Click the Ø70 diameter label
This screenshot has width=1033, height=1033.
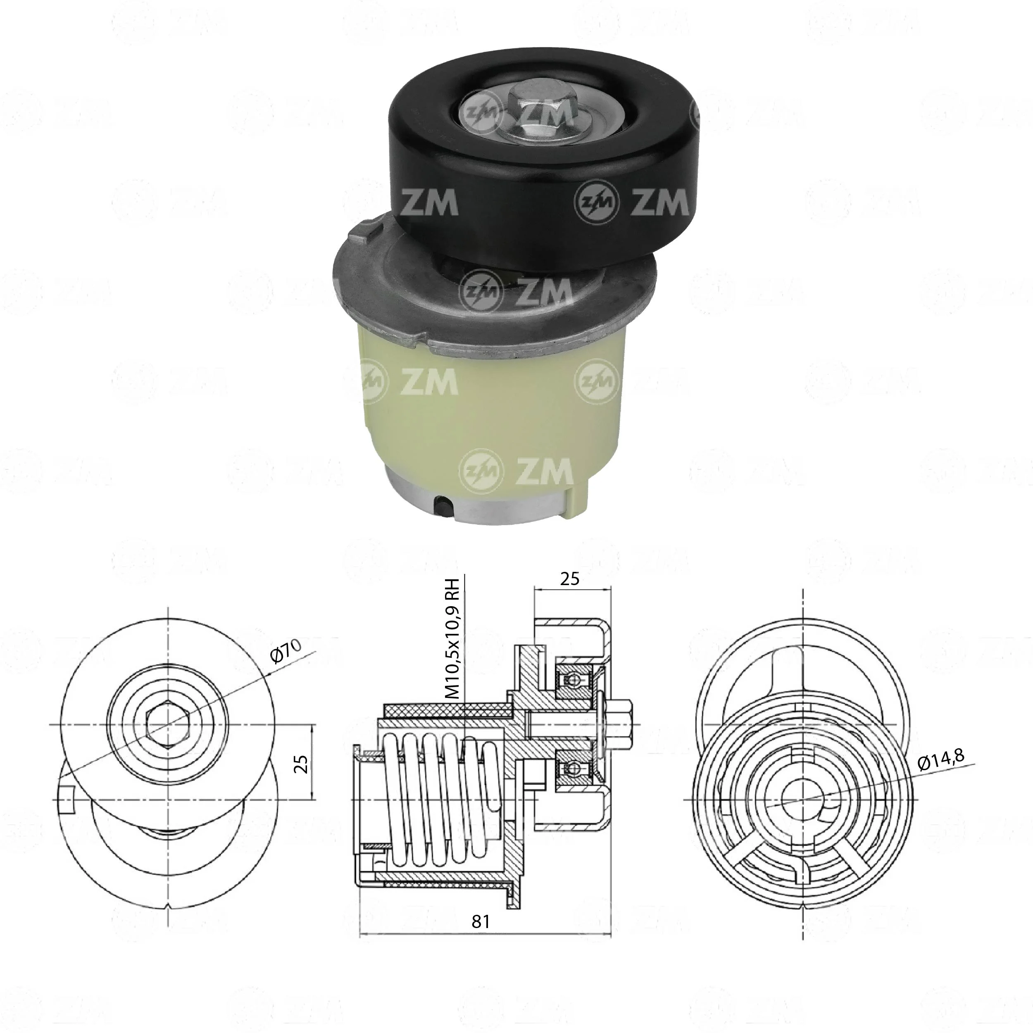pyautogui.click(x=286, y=651)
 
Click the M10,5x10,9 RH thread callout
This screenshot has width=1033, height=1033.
pyautogui.click(x=453, y=637)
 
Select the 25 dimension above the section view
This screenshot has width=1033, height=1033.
pyautogui.click(x=570, y=578)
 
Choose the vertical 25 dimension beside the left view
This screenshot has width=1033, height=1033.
pyautogui.click(x=302, y=764)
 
